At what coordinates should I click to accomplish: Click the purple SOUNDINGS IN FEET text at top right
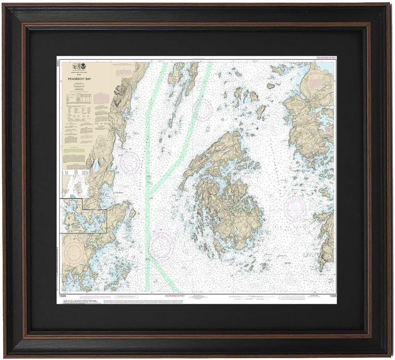click(325, 58)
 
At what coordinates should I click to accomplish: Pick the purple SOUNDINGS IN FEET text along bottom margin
click(175, 295)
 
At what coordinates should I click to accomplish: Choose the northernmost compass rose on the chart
click(202, 110)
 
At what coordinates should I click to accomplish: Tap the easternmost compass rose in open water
click(295, 208)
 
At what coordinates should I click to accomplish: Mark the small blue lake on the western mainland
click(95, 166)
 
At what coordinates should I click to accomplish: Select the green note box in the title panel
click(74, 150)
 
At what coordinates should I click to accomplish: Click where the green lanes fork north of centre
click(149, 193)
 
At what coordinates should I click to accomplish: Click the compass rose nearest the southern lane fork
click(161, 245)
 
